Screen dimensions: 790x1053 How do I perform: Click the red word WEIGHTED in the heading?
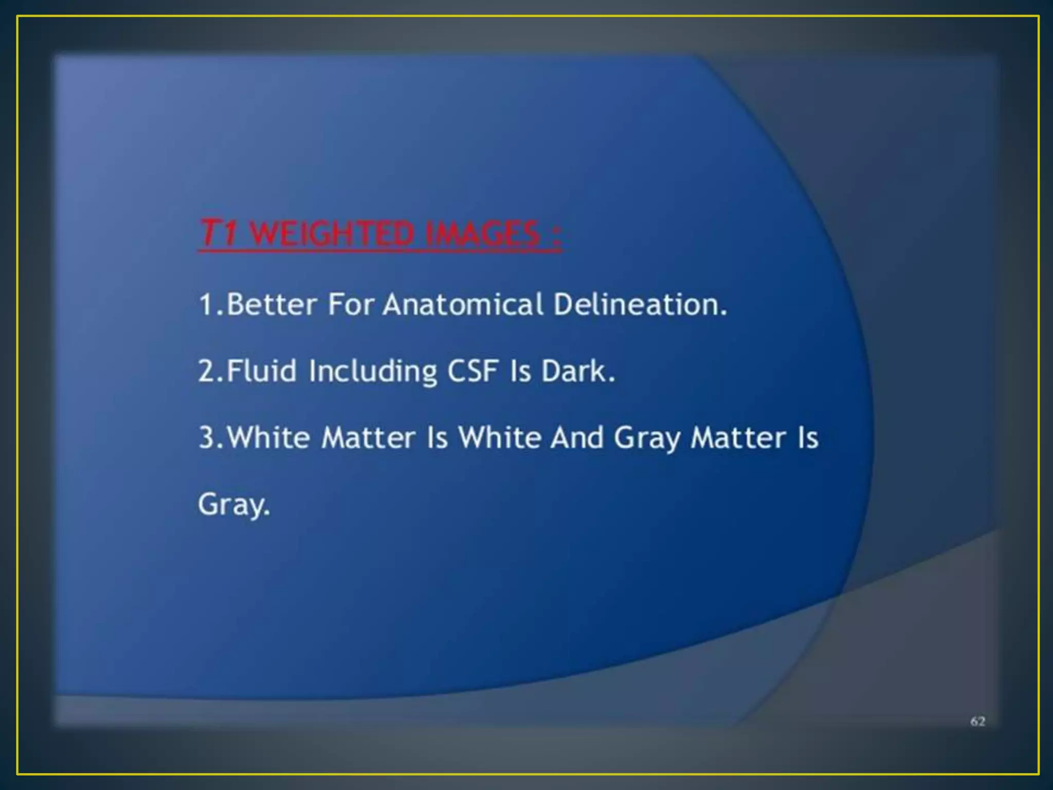332,234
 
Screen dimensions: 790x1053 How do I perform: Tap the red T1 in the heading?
218,234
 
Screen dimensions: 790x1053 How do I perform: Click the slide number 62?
977,722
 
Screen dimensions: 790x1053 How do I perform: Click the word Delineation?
640,304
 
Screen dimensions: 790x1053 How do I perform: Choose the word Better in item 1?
271,304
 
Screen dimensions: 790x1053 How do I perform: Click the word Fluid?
261,371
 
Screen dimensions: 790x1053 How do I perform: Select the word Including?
373,371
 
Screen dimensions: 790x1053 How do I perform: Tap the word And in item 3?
576,438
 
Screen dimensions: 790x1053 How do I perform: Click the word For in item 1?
351,304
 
